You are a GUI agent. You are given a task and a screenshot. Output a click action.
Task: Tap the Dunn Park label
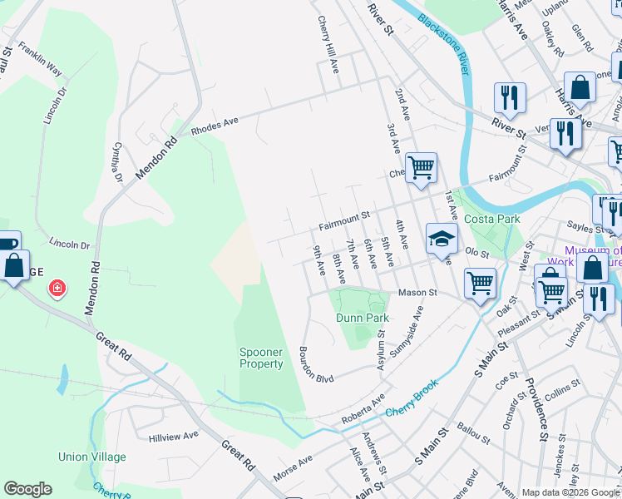point(363,318)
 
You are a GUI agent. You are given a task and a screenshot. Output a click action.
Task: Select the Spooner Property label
point(261,358)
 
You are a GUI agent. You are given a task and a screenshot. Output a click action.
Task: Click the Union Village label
point(92,457)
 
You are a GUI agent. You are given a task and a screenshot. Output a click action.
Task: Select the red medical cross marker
point(57,289)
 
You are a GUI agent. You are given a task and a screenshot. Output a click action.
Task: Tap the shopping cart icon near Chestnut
point(421,167)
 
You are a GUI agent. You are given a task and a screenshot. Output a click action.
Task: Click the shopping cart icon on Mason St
point(480,283)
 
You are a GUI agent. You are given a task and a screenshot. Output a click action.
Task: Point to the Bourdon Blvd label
point(316,365)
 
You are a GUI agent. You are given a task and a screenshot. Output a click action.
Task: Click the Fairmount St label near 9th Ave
point(344,222)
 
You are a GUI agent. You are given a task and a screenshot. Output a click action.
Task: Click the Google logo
point(27,489)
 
